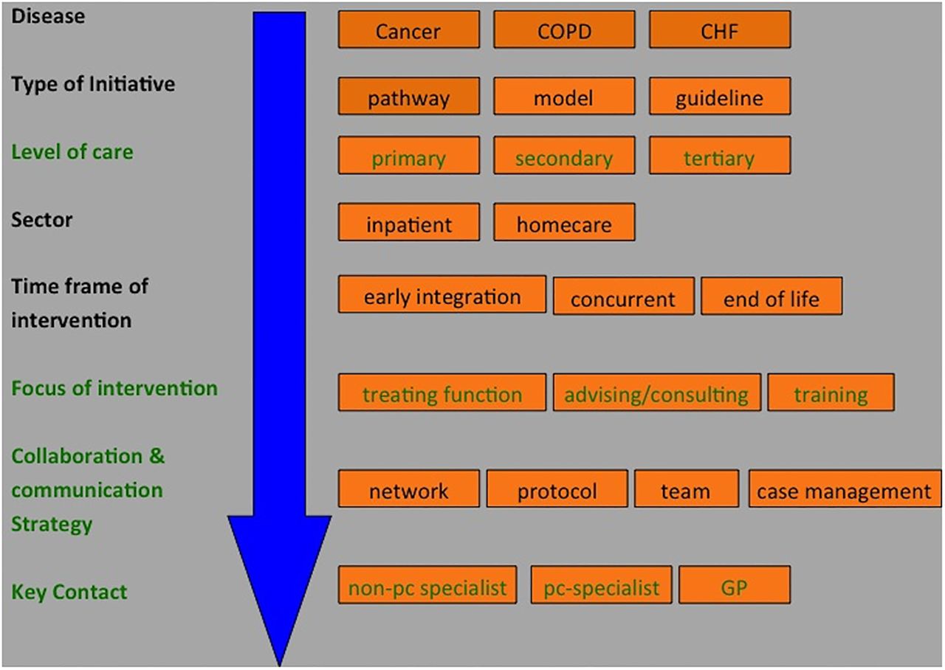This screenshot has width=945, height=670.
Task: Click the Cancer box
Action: pos(408,30)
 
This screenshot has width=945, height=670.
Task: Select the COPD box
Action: pos(564,30)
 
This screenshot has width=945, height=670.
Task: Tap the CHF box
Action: pos(720,30)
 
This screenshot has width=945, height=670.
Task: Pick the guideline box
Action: pos(720,96)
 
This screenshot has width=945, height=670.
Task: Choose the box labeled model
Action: pos(564,96)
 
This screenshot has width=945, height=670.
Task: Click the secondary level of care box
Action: pos(564,155)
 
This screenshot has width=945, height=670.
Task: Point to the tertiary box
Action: pos(720,155)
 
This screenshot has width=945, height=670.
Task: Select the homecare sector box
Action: pos(564,222)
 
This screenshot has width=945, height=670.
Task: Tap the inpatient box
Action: pos(408,222)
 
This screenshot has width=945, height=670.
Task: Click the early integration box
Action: pos(441,294)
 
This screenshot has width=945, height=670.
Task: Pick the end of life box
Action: pos(772,296)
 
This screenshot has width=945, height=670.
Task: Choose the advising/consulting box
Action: pos(657,392)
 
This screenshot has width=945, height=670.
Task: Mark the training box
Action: pos(831,392)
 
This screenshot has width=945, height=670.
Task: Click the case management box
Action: pos(845,488)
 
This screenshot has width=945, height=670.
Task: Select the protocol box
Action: pos(557,488)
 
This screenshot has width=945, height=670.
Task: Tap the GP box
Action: pos(735,585)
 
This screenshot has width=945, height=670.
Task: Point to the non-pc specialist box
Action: pos(427,585)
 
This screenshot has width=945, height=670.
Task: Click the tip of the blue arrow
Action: pos(279,666)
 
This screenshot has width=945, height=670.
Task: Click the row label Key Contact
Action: pos(69,592)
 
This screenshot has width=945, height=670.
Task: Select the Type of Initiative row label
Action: pos(93,84)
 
